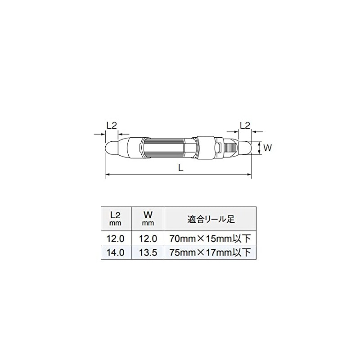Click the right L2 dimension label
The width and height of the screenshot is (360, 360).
pyautogui.click(x=245, y=125)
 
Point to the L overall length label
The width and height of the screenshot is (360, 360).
pyautogui.click(x=180, y=168)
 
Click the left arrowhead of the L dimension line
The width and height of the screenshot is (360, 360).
pyautogui.click(x=107, y=175)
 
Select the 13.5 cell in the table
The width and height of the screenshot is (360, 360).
pyautogui.click(x=148, y=252)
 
